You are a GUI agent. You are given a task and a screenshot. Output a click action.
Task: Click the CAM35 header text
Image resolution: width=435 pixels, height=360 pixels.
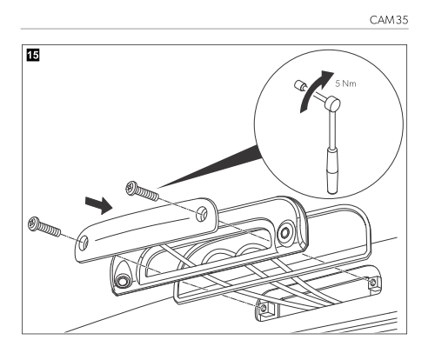pyautogui.click(x=389, y=20)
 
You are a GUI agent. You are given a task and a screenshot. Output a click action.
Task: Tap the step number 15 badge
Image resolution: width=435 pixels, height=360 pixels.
pyautogui.click(x=33, y=55)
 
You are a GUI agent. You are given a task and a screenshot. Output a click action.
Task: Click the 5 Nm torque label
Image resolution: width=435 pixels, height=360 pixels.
pyautogui.click(x=345, y=83)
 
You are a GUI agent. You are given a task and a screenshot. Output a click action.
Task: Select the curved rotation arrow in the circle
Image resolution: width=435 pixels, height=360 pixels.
pyautogui.click(x=315, y=89)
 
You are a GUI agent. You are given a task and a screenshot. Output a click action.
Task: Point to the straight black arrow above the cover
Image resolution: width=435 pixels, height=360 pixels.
pyautogui.click(x=99, y=204)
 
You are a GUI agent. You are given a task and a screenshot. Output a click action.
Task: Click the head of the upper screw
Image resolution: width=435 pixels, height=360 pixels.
pyautogui.click(x=131, y=188)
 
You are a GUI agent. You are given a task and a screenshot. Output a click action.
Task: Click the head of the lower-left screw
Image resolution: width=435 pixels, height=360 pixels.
pyautogui.click(x=33, y=223)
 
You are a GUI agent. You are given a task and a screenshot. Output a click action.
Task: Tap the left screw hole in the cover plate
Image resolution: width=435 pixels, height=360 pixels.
pyautogui.click(x=84, y=242)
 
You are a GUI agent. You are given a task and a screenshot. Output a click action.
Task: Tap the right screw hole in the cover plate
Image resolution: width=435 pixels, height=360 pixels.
pyautogui.click(x=201, y=214)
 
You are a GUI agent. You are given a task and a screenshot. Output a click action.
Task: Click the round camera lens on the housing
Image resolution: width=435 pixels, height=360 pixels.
pyautogui.click(x=285, y=232)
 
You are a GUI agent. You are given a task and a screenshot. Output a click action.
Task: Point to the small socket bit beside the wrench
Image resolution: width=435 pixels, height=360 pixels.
pyautogui.click(x=299, y=86)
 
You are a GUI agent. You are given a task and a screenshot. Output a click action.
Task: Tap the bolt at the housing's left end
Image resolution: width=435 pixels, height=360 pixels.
pyautogui.click(x=122, y=280)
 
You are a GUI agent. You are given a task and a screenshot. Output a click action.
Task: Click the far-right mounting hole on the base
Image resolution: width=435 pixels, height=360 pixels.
pyautogui.click(x=373, y=281)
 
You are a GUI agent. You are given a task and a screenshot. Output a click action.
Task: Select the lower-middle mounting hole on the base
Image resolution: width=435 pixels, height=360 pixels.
pyautogui.click(x=264, y=308)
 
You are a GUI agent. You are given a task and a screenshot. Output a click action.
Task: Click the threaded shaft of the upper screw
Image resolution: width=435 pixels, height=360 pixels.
pyautogui.click(x=148, y=194)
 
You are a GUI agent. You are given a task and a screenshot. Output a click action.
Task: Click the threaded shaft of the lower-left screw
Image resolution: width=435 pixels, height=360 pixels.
pyautogui.click(x=50, y=229)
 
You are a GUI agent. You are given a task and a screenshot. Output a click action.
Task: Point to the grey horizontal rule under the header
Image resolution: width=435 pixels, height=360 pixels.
pyautogui.click(x=215, y=29)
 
